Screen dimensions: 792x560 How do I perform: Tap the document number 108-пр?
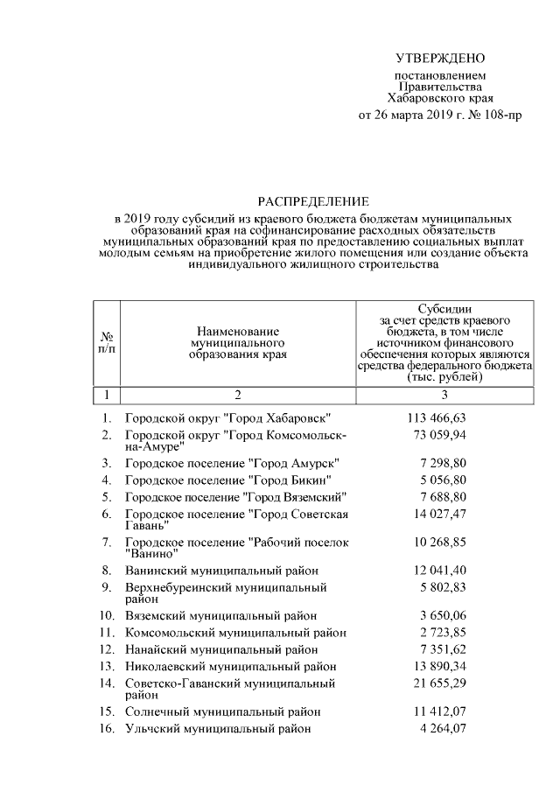click(500, 115)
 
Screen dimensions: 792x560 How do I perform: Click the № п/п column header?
click(106, 343)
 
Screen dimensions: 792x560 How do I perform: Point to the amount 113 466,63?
click(443, 419)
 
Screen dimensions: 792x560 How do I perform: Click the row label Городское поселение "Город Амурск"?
click(232, 462)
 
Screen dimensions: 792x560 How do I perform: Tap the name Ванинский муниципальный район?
click(224, 571)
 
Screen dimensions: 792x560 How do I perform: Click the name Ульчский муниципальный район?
click(217, 728)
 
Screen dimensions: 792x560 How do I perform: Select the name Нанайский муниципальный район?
click(221, 649)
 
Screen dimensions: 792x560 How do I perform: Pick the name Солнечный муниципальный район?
click(223, 711)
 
